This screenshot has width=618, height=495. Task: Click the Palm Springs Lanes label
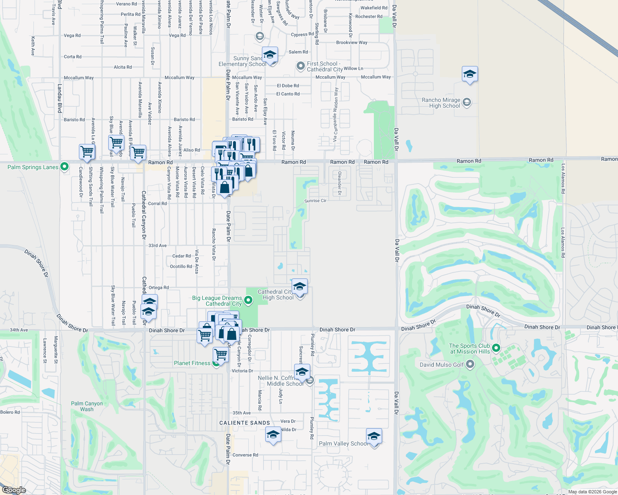33,167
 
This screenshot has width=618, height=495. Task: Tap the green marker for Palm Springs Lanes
64,167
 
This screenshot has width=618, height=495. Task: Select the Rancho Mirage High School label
441,103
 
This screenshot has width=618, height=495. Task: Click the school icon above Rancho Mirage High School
470,75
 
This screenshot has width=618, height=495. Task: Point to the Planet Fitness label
192,363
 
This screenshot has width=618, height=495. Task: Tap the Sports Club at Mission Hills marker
497,348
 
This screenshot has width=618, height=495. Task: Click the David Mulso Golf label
442,365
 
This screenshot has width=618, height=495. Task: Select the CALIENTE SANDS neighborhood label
245,423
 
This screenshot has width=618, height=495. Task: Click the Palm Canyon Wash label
87,406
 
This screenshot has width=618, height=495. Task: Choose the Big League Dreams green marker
248,300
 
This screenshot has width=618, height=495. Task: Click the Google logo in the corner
14,490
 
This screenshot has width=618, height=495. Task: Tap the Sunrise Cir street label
315,201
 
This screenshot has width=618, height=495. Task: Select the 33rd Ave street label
157,245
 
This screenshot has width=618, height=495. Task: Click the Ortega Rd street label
159,288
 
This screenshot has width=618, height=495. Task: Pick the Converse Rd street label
245,455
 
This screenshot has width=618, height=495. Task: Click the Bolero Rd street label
10,412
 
